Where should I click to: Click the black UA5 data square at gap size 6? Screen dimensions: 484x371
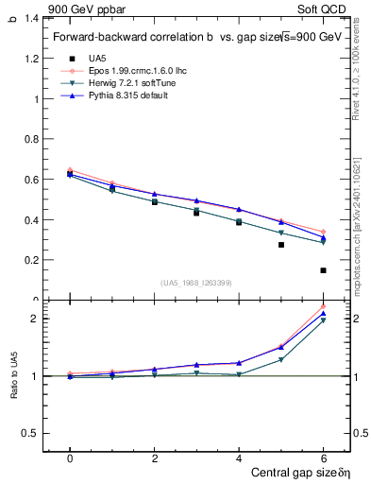(x=323, y=270)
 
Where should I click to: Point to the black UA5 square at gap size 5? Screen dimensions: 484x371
(x=280, y=245)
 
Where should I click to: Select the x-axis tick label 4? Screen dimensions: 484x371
(x=239, y=458)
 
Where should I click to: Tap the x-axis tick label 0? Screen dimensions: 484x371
(x=70, y=458)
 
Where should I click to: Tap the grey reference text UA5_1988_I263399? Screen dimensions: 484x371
(x=196, y=283)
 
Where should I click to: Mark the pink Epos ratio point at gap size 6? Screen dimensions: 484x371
(x=323, y=307)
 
